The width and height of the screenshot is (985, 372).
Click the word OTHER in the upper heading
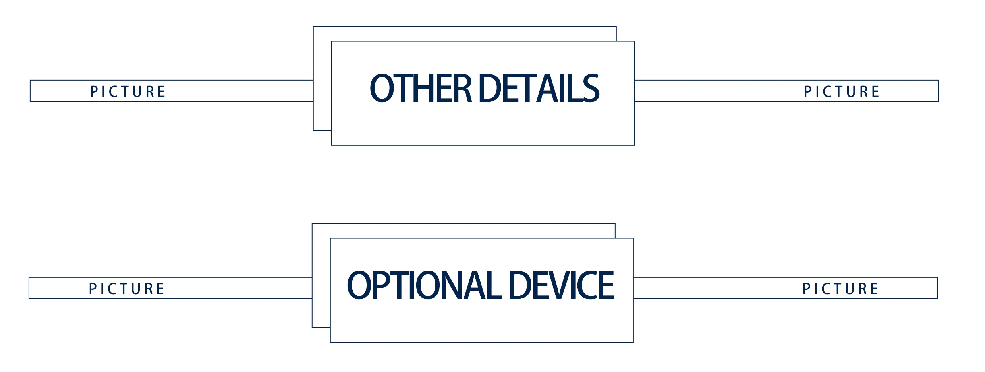coord(420,88)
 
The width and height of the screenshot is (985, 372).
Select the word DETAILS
coord(539,88)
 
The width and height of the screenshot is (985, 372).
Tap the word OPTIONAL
coord(424,285)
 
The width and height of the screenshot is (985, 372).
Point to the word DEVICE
coord(561,285)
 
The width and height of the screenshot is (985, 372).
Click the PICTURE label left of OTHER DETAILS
coord(127,92)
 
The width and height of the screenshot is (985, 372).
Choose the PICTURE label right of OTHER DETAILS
coord(841,92)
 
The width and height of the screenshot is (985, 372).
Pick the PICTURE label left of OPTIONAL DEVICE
coord(126,289)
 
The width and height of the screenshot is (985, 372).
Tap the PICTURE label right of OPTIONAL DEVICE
coord(840,289)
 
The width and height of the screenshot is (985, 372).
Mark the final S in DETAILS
coord(591,88)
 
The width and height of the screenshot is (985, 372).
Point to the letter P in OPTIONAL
coord(379,285)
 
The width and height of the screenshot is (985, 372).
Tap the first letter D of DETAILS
coord(491,88)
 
